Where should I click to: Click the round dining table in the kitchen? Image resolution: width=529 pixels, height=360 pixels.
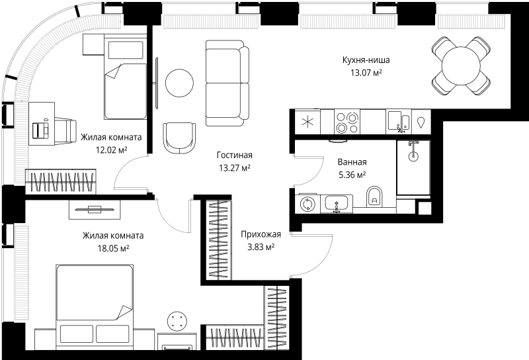[x=462, y=66]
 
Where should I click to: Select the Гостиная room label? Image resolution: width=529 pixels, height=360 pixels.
[x=235, y=156]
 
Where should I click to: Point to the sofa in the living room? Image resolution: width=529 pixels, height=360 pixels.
[x=227, y=83]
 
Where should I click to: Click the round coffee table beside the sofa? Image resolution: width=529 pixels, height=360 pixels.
[x=180, y=83]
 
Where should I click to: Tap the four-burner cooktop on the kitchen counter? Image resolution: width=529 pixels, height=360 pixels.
[x=347, y=121]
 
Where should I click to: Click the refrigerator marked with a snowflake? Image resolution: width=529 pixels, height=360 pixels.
[x=306, y=121]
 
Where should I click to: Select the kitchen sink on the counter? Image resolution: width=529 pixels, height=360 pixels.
[x=398, y=121]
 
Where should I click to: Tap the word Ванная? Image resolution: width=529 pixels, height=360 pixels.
[x=351, y=162]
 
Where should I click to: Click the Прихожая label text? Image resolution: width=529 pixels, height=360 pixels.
[x=261, y=234]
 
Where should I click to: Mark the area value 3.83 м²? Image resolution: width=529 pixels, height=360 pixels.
[x=261, y=247]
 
